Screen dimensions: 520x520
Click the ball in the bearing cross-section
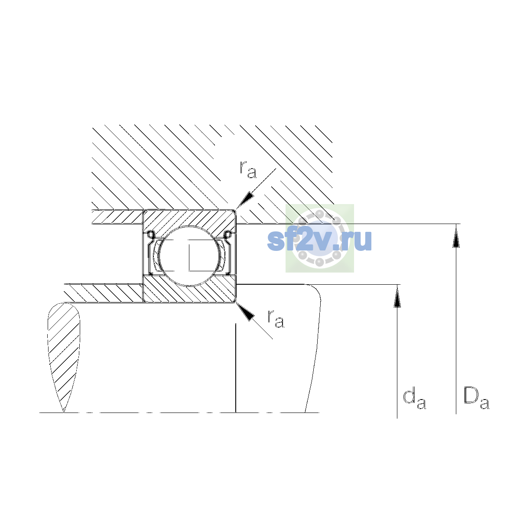click(x=189, y=256)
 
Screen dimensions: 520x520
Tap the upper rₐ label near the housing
click(x=248, y=170)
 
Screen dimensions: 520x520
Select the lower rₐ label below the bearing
click(x=276, y=319)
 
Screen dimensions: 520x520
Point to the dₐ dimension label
click(x=414, y=400)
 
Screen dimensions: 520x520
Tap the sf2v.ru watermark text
click(x=319, y=240)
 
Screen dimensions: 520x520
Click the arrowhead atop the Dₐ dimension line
click(x=456, y=236)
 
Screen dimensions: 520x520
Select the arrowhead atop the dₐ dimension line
click(x=397, y=296)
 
